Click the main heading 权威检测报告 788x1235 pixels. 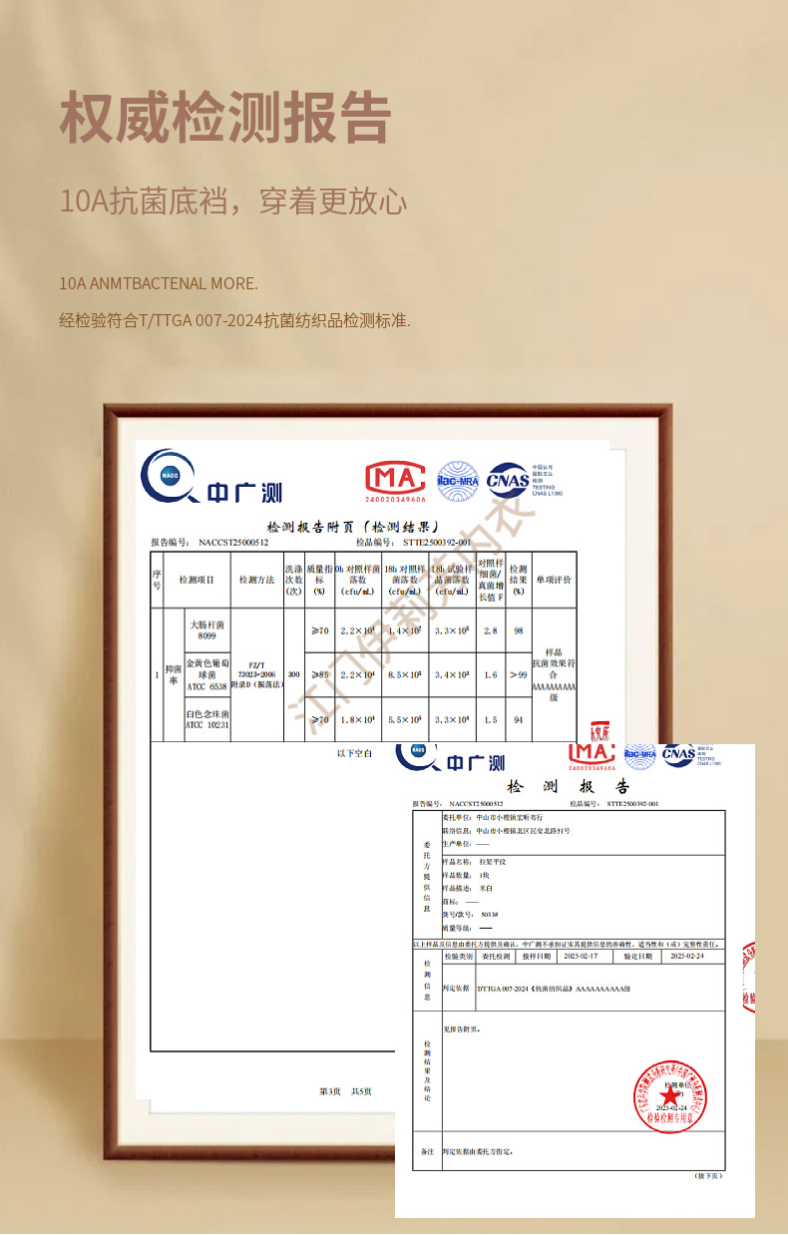[224, 119]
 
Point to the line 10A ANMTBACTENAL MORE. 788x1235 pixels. [159, 283]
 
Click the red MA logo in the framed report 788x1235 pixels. [395, 481]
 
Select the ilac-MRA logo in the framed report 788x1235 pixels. [458, 480]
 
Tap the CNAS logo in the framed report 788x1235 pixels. [508, 480]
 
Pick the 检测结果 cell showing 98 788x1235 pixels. [519, 630]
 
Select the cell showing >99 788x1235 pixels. [519, 674]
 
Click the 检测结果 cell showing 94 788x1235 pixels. [519, 719]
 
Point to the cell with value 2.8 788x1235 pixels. [491, 630]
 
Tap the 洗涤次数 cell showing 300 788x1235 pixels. [293, 675]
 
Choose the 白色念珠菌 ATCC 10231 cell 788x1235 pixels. [207, 719]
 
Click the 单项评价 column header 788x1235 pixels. [554, 580]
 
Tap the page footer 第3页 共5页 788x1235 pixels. [345, 1091]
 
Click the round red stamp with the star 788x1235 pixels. [670, 1096]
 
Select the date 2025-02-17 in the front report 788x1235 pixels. [581, 956]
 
